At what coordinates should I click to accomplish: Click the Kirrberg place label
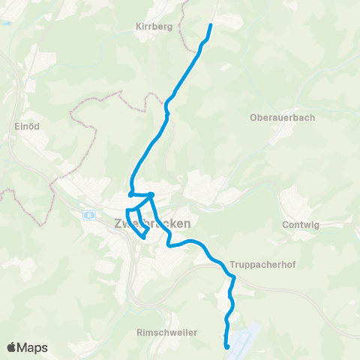[x=154, y=26]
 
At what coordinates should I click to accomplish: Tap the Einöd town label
[x=27, y=127]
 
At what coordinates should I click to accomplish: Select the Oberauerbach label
[x=282, y=117]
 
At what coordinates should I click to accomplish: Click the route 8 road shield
[x=88, y=215]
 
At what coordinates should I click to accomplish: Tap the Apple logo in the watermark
[x=13, y=347]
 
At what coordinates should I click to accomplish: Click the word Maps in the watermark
[x=33, y=347]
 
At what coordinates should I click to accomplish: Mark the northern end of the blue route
[x=210, y=26]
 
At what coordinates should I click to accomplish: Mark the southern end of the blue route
[x=226, y=346]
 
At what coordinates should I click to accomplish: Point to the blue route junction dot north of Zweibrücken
[x=151, y=195]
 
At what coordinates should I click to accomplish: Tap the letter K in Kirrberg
[x=138, y=26]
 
